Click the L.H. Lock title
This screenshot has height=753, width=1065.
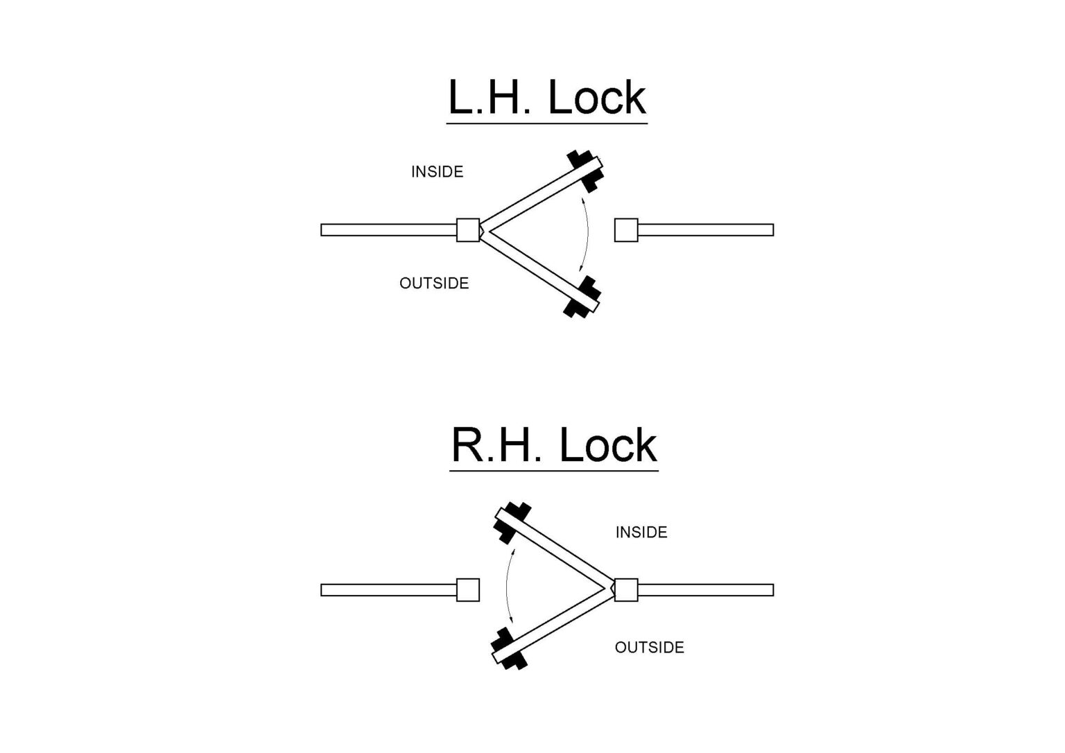(x=546, y=98)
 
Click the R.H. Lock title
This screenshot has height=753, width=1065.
(x=553, y=445)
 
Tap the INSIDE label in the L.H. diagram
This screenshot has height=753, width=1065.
(x=437, y=172)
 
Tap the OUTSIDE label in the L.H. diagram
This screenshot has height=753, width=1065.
(x=434, y=283)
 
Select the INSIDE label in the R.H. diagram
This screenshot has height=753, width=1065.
(x=641, y=533)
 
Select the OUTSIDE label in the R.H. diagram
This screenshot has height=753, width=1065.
(x=649, y=648)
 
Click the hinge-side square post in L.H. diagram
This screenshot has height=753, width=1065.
(x=468, y=230)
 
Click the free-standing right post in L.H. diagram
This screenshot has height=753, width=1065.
(x=626, y=230)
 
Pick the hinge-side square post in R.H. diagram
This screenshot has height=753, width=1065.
(x=626, y=590)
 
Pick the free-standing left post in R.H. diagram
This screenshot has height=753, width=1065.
(x=468, y=590)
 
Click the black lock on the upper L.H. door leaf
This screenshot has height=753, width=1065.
(x=584, y=170)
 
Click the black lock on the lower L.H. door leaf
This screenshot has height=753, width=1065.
(x=582, y=297)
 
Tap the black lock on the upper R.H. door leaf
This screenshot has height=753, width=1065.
(x=512, y=521)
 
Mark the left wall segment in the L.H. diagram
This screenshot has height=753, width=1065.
(x=388, y=230)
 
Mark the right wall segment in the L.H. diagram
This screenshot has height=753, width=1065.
(x=705, y=230)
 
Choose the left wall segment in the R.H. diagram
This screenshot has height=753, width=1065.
(x=388, y=590)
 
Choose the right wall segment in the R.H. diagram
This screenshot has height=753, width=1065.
(x=705, y=590)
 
